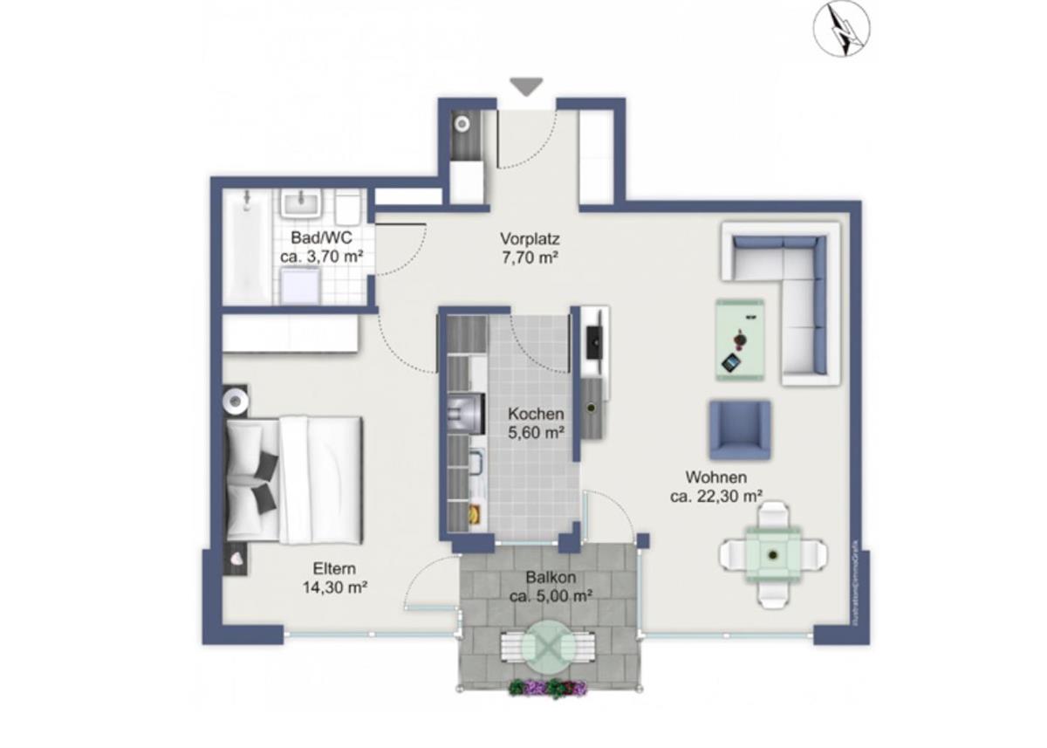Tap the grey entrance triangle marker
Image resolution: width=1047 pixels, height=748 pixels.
pyautogui.click(x=527, y=86)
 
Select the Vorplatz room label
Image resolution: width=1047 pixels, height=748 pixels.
pyautogui.click(x=530, y=248)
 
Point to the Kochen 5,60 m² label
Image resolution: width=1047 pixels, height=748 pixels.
pyautogui.click(x=536, y=422)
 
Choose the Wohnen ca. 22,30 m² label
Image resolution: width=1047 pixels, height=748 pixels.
pyautogui.click(x=715, y=486)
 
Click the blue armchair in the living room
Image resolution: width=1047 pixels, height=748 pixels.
pyautogui.click(x=739, y=429)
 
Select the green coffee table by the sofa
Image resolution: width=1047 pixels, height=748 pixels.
pyautogui.click(x=740, y=340)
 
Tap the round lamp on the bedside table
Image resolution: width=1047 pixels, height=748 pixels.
pyautogui.click(x=236, y=400)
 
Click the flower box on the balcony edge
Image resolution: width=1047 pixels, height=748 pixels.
pyautogui.click(x=548, y=689)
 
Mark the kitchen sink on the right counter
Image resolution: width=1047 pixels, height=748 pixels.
pyautogui.click(x=592, y=408)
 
